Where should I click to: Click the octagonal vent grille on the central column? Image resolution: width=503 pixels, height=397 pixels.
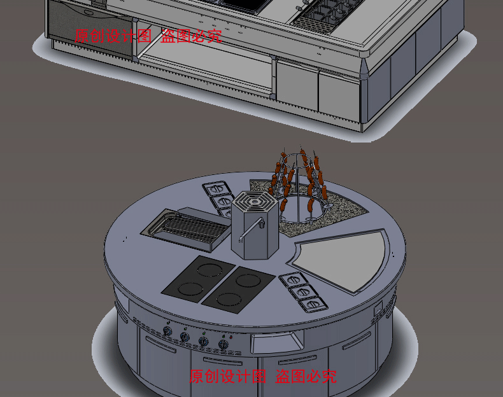(x=254, y=202)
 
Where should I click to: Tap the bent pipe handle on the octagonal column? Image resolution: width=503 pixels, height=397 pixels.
(x=251, y=230)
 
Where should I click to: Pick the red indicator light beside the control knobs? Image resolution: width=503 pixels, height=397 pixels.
(x=230, y=337)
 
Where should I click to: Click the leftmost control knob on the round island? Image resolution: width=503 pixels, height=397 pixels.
(x=167, y=331)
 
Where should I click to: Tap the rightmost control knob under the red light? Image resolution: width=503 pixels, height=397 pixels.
(x=223, y=345)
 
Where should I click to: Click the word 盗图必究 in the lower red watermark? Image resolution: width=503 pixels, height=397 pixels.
(x=306, y=376)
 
